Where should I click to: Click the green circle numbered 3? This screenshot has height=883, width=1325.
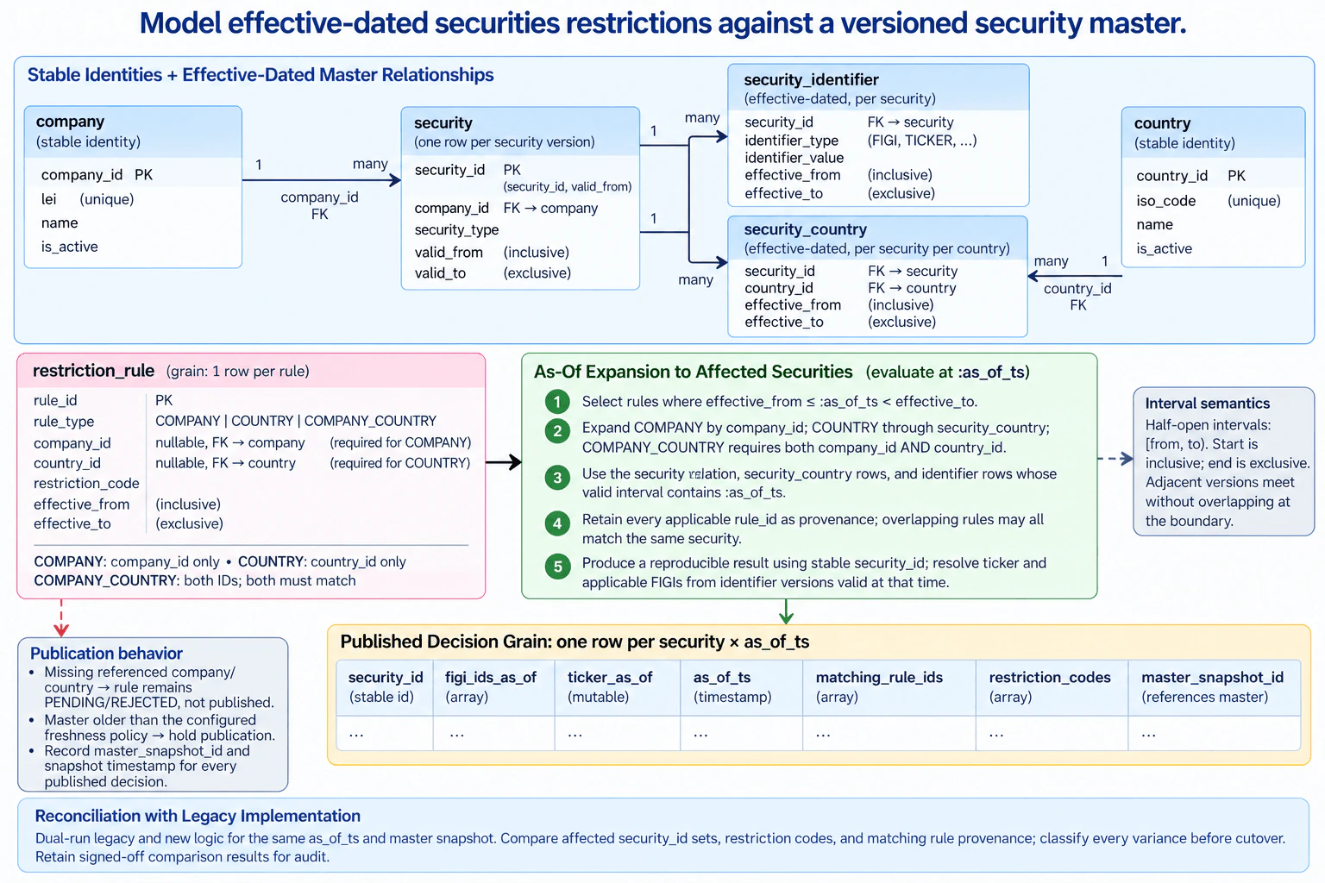click(x=557, y=477)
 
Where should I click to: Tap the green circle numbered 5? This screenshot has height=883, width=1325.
click(x=557, y=567)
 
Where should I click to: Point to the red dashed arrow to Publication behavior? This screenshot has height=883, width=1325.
click(x=61, y=617)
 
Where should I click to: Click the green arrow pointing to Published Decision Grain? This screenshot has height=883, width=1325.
click(x=786, y=611)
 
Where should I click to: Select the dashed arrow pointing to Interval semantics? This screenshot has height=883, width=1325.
click(x=1115, y=459)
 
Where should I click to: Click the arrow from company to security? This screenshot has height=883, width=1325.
click(x=322, y=180)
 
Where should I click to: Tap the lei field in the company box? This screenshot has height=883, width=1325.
click(x=48, y=199)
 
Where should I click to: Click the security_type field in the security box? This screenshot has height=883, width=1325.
click(x=456, y=229)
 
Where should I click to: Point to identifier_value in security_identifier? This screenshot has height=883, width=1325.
click(x=794, y=158)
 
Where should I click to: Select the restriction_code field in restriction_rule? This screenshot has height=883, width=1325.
click(x=86, y=483)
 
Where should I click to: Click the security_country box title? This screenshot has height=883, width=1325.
click(x=805, y=229)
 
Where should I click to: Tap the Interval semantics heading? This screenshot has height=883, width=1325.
click(x=1208, y=404)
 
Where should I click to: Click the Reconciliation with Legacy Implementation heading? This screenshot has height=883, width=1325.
click(x=198, y=816)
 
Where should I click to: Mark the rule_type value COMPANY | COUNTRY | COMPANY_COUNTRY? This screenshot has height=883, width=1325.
click(x=296, y=421)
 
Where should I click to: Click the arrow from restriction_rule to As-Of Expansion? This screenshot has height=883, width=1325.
click(x=504, y=462)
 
